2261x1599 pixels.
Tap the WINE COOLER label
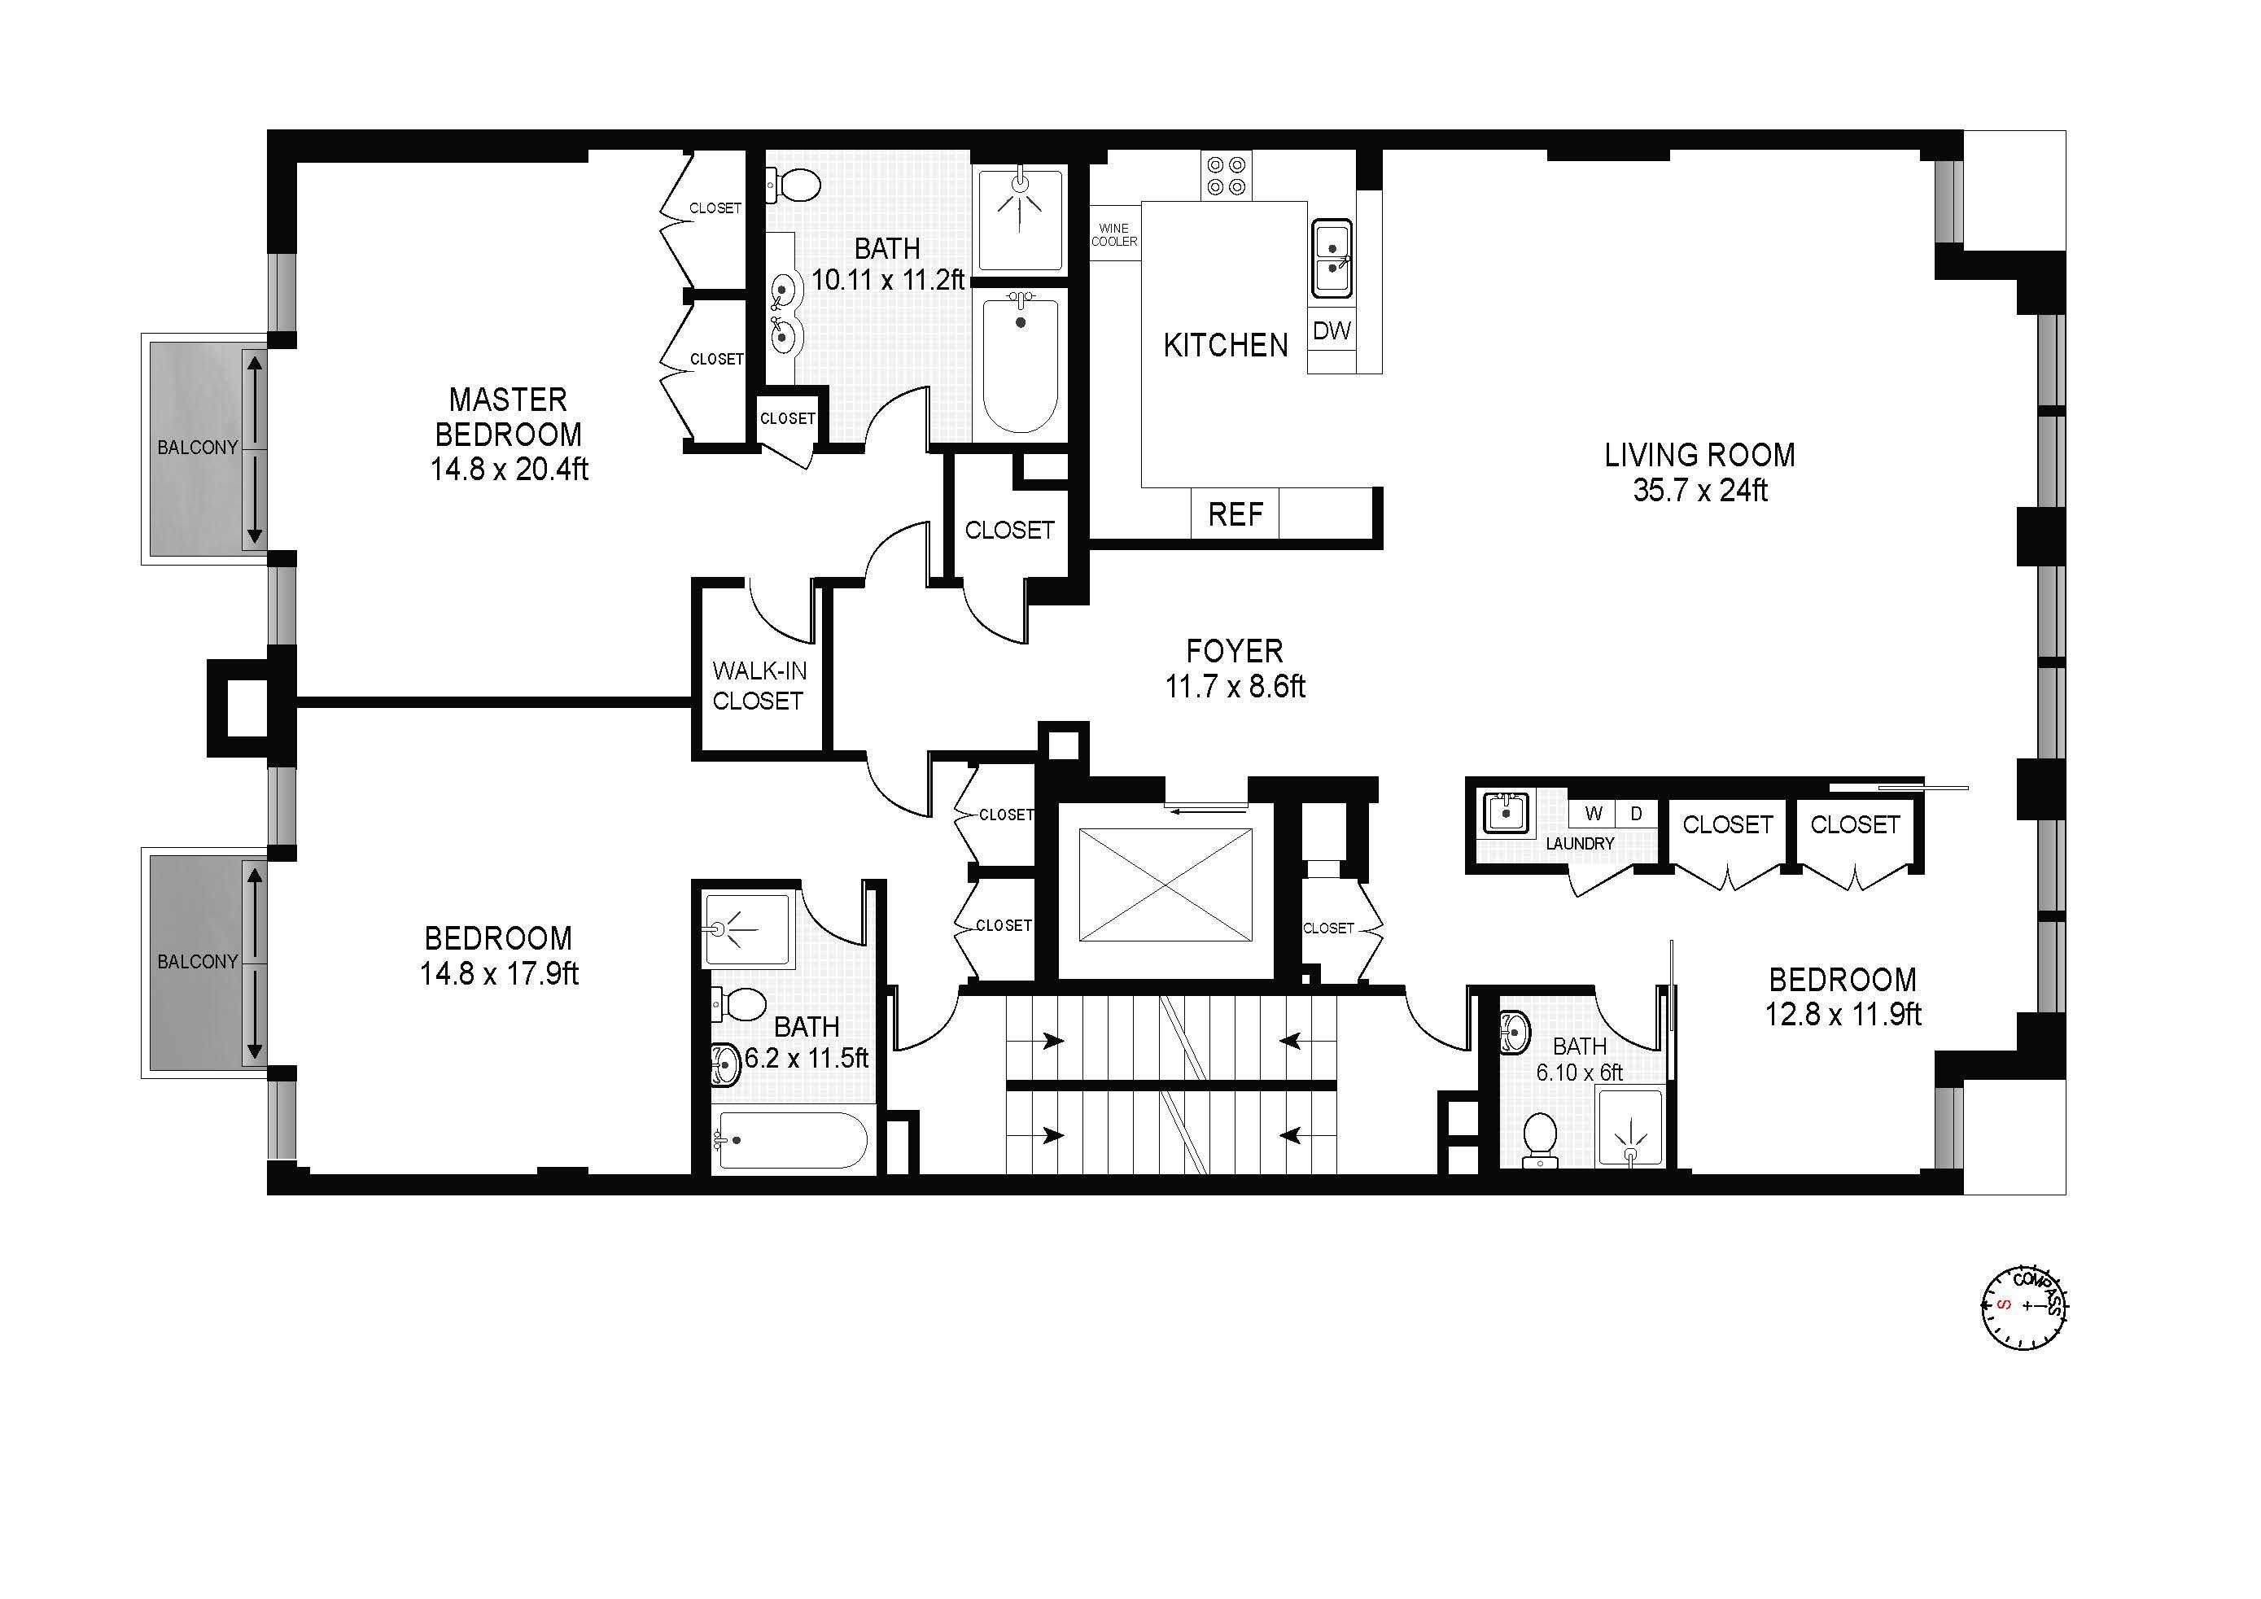click(1113, 234)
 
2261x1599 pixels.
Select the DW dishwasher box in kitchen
click(1332, 331)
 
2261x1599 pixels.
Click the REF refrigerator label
click(1235, 514)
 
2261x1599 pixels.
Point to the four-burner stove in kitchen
click(1226, 175)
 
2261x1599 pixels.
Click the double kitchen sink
click(1332, 258)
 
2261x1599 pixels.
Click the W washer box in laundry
click(1594, 813)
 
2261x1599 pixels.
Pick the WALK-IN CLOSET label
click(759, 685)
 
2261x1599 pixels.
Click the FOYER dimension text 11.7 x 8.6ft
click(1235, 686)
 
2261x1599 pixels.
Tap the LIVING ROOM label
click(1699, 455)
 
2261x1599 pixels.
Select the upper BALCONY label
click(198, 447)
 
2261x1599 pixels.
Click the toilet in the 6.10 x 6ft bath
click(1538, 1139)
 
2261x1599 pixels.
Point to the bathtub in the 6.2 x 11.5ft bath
click(792, 1140)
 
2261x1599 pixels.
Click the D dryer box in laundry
click(1637, 813)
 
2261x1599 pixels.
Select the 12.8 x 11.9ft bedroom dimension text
click(1842, 1014)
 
